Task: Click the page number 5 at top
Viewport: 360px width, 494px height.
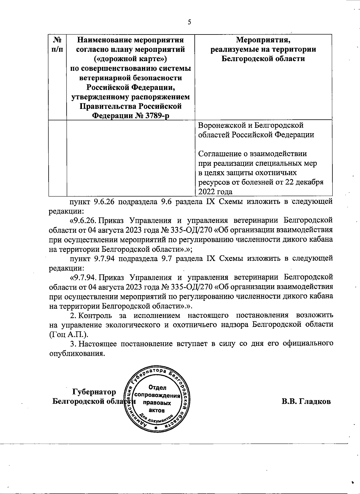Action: coord(189,22)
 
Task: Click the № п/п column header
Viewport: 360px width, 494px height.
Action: coord(57,44)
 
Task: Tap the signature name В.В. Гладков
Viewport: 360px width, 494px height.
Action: coord(306,401)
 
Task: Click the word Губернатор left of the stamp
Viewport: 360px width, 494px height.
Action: coord(94,392)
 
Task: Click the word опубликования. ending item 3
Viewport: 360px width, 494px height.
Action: coord(77,353)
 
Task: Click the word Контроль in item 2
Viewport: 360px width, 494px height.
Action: coord(95,316)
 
